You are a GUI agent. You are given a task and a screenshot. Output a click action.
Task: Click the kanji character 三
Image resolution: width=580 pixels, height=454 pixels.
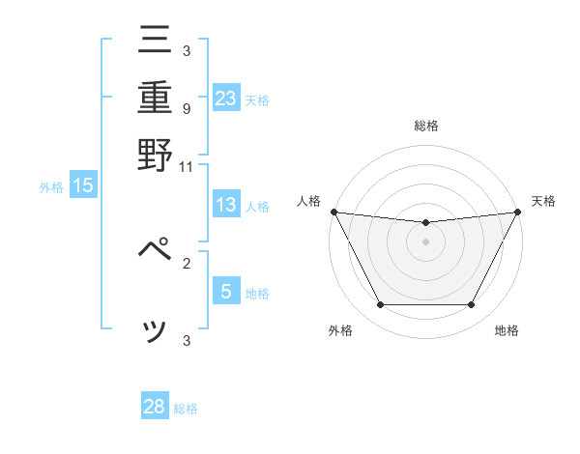[155, 41]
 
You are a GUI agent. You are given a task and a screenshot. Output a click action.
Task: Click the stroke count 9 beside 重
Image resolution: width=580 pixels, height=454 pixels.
[186, 107]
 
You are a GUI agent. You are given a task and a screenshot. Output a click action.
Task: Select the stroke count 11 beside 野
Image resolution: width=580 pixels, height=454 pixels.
[186, 165]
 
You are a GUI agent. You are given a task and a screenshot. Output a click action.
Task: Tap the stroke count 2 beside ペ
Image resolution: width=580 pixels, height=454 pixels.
[186, 261]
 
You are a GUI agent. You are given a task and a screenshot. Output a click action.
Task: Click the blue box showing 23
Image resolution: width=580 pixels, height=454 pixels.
[226, 99]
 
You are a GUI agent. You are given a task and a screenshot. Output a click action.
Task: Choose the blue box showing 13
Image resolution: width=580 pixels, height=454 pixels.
[226, 205]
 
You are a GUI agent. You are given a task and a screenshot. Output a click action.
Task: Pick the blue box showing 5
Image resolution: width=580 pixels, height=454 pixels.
[226, 291]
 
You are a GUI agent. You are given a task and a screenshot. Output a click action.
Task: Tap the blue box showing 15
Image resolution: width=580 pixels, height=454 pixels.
[83, 186]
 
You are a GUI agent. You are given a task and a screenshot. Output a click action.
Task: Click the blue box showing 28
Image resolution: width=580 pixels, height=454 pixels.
[155, 407]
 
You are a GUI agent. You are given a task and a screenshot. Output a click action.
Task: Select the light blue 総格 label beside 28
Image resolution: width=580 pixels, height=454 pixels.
[186, 409]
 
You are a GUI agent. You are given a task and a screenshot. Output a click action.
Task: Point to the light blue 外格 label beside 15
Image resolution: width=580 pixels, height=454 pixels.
[51, 187]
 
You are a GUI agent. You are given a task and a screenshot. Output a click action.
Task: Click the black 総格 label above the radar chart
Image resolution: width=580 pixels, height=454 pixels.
[425, 126]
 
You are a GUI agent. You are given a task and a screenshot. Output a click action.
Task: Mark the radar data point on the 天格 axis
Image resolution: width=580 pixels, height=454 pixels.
[517, 212]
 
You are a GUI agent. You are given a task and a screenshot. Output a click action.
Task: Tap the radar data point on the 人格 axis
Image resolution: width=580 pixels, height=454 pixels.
[333, 212]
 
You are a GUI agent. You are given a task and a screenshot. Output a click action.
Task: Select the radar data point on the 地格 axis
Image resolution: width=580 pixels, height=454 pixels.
[472, 305]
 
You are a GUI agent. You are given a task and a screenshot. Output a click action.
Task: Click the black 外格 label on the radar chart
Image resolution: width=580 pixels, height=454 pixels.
[340, 331]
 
